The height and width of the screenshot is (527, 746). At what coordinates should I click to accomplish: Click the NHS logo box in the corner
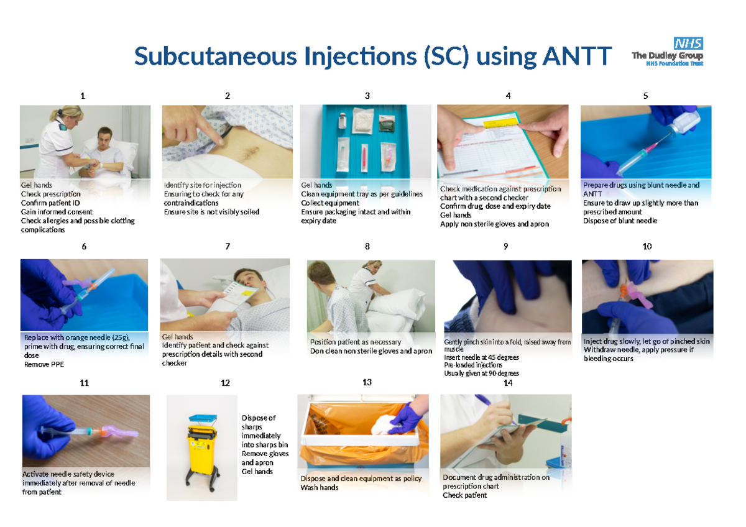[x=688, y=43]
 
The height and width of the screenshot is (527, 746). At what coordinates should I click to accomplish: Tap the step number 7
[x=228, y=246]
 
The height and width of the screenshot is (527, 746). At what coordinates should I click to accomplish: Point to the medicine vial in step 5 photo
[x=685, y=124]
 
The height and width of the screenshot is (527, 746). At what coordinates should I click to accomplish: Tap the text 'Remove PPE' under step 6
[x=44, y=365]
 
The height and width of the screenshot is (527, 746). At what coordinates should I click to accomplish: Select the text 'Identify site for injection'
[x=202, y=185]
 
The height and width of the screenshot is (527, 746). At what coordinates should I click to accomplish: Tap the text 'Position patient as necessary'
[x=356, y=342]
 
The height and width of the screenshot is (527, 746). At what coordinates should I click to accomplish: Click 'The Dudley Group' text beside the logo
[x=667, y=56]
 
